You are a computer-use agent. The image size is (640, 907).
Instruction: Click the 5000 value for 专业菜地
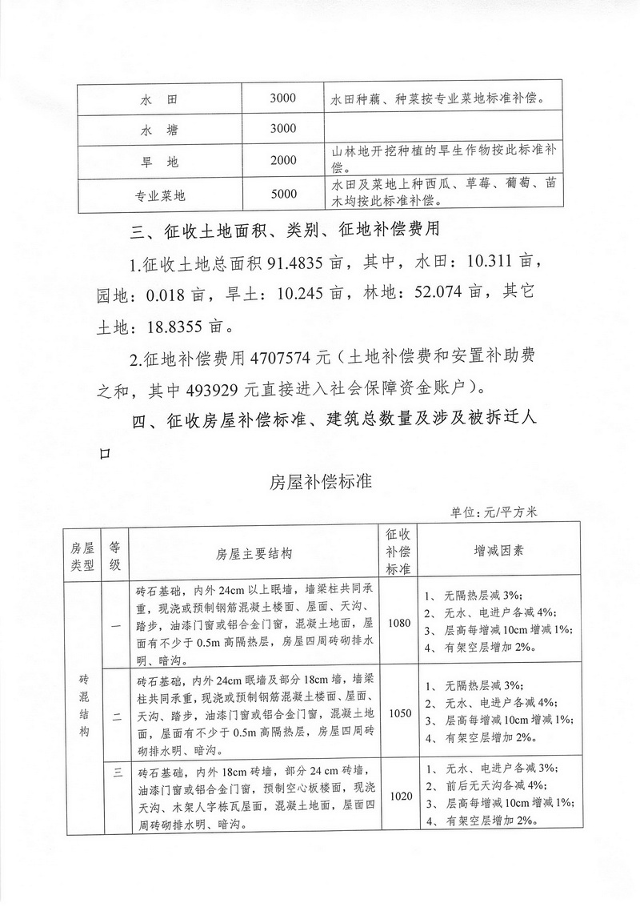[283, 194]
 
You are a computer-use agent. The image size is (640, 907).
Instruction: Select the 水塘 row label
[158, 130]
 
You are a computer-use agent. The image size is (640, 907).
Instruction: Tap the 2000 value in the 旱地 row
[283, 161]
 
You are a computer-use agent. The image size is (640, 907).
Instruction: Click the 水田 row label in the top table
[158, 100]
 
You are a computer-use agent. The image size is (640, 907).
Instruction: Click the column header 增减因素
[498, 552]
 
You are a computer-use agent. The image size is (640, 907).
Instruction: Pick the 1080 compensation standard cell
[398, 623]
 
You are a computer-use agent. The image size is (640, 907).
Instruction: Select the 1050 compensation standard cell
[398, 712]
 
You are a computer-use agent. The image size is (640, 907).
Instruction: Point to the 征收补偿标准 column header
[398, 552]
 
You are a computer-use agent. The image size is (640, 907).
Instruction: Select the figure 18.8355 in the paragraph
[176, 326]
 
